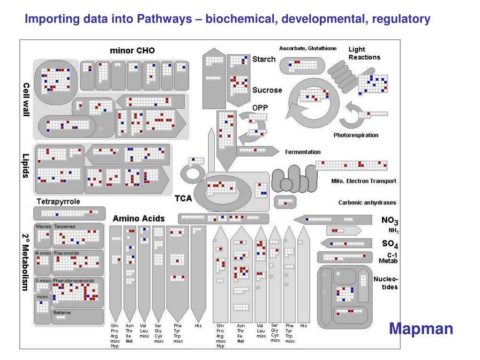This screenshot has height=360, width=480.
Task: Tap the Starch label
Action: click(x=264, y=59)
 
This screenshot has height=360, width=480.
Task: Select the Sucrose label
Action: click(x=267, y=90)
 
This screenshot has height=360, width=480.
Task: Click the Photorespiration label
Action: click(x=356, y=135)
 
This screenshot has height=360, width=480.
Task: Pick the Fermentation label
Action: click(x=303, y=152)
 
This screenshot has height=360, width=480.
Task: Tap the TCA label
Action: click(x=183, y=198)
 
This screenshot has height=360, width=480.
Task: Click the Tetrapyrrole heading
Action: click(x=58, y=202)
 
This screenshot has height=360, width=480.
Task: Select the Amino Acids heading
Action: click(x=139, y=218)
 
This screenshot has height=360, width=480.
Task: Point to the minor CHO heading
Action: click(x=132, y=51)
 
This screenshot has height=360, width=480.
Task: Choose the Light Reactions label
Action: click(x=364, y=53)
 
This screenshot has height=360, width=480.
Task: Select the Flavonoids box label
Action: click(x=66, y=253)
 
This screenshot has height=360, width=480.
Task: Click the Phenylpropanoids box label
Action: click(x=74, y=280)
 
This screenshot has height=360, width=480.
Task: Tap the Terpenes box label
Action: click(x=64, y=226)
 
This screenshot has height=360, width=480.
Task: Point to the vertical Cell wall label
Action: click(x=27, y=100)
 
